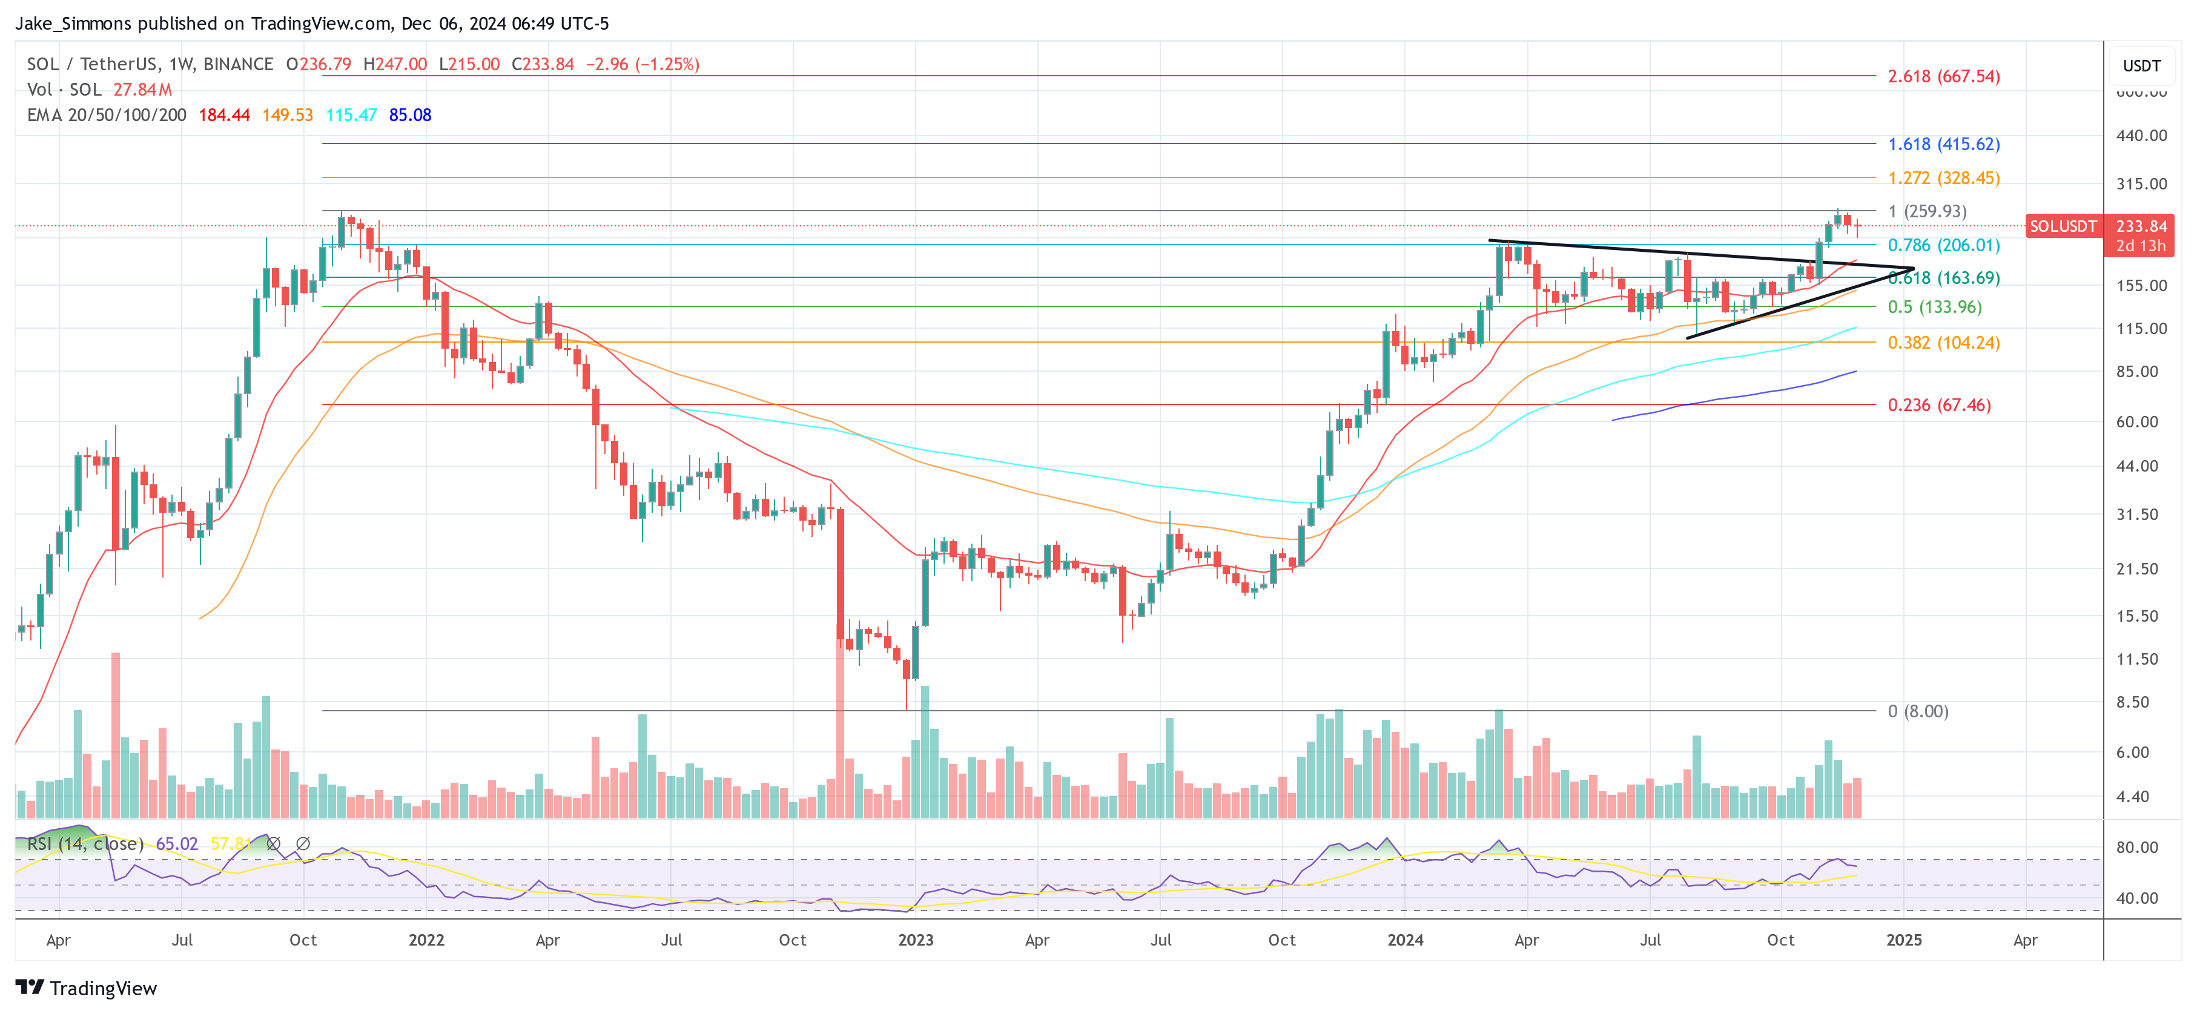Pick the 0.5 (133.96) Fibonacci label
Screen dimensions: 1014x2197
pos(1934,307)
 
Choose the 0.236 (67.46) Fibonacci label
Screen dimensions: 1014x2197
pos(1938,405)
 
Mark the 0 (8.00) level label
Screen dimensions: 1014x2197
pos(1917,711)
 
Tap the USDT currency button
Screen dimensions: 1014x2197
pos(2141,65)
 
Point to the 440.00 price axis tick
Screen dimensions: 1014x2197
pos(2141,136)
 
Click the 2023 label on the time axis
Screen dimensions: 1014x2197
pos(915,940)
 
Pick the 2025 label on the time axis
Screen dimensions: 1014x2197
pos(1904,940)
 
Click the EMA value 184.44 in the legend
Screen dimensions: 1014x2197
pos(224,115)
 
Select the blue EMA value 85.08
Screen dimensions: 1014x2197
pos(410,115)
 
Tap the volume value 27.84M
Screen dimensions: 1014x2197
pos(142,90)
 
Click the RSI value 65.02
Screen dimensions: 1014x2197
pos(177,843)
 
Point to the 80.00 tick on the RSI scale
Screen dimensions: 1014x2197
pos(2136,848)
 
